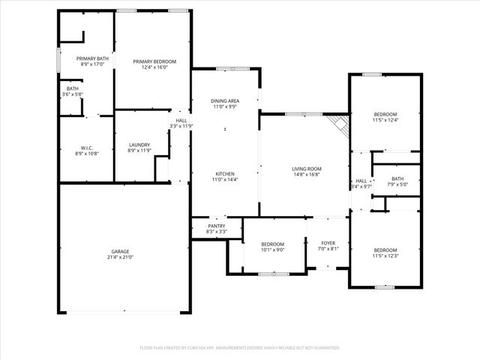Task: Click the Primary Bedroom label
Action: point(154,61)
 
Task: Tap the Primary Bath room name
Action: point(92,58)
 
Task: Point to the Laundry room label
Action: point(139,145)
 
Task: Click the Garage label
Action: point(121,251)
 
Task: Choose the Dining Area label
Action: point(225,100)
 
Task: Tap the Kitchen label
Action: point(225,174)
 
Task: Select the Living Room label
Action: point(307,169)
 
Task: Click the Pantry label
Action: point(217,226)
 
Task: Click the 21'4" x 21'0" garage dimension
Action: point(121,257)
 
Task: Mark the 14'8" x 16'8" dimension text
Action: point(307,175)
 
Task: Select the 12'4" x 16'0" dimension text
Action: point(154,67)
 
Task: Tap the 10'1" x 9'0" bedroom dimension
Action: point(272,250)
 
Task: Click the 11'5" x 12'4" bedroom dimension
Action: point(385,120)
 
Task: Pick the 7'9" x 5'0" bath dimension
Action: point(397,184)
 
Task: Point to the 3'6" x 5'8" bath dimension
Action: point(73,94)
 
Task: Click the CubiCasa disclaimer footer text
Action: point(240,348)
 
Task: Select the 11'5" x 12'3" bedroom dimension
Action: point(385,256)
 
